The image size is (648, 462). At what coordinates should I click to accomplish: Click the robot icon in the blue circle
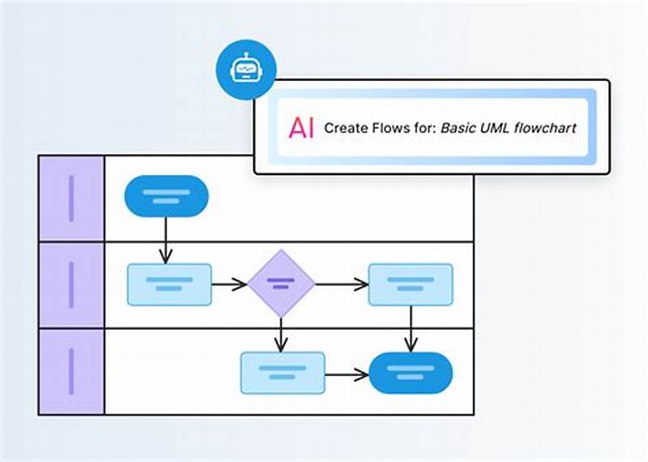pyautogui.click(x=245, y=71)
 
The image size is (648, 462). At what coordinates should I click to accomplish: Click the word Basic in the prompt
pyautogui.click(x=458, y=128)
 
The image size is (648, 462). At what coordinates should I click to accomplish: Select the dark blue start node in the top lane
pyautogui.click(x=166, y=196)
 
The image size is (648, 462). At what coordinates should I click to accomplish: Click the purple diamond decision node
pyautogui.click(x=280, y=284)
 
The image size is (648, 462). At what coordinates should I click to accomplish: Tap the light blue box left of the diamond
pyautogui.click(x=169, y=284)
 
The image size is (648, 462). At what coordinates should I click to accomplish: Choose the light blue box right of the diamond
pyautogui.click(x=411, y=284)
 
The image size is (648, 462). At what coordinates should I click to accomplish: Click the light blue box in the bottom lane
pyautogui.click(x=282, y=373)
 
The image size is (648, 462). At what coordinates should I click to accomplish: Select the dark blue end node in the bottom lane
pyautogui.click(x=411, y=373)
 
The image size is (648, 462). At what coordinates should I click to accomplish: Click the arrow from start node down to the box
pyautogui.click(x=166, y=240)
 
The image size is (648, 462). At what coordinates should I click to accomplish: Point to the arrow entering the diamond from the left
pyautogui.click(x=229, y=284)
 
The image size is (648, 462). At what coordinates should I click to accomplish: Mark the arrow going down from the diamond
pyautogui.click(x=280, y=335)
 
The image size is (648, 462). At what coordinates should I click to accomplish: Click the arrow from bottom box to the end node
pyautogui.click(x=347, y=374)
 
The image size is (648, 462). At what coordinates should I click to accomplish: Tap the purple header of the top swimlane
pyautogui.click(x=71, y=198)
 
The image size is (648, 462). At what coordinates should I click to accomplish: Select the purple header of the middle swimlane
pyautogui.click(x=71, y=284)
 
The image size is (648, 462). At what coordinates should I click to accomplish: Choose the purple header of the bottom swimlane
pyautogui.click(x=71, y=371)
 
